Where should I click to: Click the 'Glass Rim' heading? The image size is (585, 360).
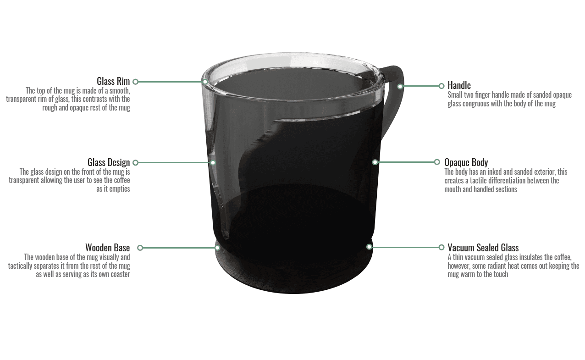click(x=113, y=81)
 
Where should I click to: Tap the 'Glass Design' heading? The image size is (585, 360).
click(x=109, y=162)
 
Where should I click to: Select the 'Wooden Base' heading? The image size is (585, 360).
click(x=108, y=247)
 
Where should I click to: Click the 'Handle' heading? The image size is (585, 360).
click(x=459, y=85)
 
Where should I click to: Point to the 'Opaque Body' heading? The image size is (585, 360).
click(x=466, y=162)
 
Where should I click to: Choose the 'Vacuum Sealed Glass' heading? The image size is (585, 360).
click(x=483, y=247)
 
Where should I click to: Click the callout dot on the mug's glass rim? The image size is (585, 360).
click(x=205, y=82)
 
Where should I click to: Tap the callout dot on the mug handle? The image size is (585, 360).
click(x=400, y=87)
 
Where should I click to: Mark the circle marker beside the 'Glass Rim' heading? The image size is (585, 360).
click(x=135, y=82)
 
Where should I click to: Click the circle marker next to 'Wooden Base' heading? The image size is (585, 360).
click(x=140, y=248)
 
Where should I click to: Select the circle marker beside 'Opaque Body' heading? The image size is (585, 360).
click(x=437, y=162)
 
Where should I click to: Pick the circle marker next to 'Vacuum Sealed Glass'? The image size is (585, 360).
click(x=442, y=247)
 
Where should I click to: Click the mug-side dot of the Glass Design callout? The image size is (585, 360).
click(x=213, y=163)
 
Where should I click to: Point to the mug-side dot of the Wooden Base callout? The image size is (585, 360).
click(x=217, y=248)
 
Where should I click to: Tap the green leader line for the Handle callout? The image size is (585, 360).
click(x=421, y=86)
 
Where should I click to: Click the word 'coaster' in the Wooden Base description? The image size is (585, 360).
click(x=121, y=274)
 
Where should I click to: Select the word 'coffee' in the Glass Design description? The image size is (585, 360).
click(x=122, y=180)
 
